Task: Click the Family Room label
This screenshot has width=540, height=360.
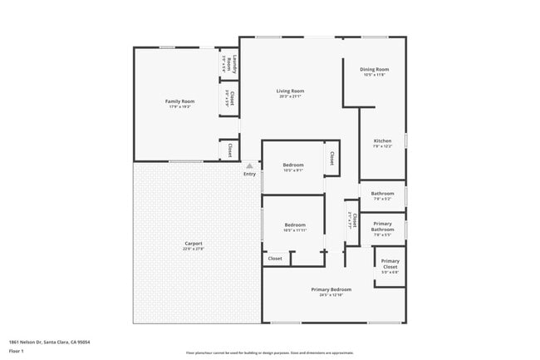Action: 179,101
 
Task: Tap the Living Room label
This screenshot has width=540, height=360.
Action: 291,91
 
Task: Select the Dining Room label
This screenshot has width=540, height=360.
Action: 375,69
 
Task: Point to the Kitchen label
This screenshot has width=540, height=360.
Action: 382,141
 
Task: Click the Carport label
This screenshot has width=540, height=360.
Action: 193,244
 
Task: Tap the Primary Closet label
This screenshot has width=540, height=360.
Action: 390,264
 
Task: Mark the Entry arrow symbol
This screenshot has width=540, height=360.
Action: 249,166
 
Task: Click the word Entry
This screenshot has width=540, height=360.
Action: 249,174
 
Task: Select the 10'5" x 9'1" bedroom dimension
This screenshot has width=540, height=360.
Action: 293,171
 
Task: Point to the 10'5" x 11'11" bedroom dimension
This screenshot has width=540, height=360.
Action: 295,230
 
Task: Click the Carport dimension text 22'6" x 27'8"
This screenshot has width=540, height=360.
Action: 193,249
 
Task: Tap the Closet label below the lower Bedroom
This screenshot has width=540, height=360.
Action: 275,259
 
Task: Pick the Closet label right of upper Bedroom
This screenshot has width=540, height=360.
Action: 331,156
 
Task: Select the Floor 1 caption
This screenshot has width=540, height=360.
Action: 17,352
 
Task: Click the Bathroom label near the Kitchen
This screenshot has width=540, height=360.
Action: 382,194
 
